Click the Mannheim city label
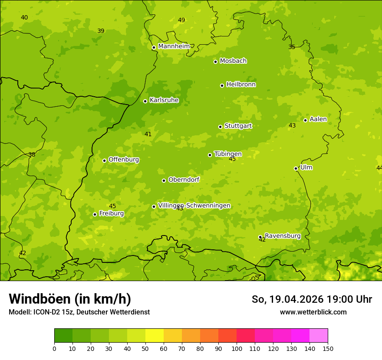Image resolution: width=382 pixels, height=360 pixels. pos(174,46)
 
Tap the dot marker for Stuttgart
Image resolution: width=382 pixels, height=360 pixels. pos(220,127)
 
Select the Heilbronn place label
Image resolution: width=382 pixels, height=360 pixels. pos(241,85)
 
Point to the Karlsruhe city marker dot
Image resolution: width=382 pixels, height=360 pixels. pos(145,101)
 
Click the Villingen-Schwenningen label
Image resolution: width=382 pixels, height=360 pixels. pos(194,206)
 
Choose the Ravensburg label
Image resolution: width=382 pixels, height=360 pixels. pos(283,236)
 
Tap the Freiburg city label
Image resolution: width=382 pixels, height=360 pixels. pos(112,213)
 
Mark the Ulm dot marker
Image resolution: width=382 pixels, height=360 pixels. pos(296,168)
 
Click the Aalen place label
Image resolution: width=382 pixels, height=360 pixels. pos(318,119)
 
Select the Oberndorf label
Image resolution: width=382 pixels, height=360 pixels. pos(184,180)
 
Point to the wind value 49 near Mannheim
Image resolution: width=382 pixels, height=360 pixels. pos(181,20)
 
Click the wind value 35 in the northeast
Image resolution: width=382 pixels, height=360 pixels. pos(292,47)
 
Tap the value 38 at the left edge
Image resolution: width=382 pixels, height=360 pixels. pos(32,154)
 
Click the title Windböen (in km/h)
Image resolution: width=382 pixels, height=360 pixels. pos(69,299)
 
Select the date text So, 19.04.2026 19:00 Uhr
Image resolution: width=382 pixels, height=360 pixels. pos(312,299)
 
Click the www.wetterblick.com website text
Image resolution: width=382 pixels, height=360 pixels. pos(313,312)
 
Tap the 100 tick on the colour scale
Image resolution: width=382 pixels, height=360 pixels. pos(237,348)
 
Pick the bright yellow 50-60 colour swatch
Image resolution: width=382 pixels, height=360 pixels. pos(155,335)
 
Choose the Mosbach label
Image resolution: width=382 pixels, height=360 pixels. pos(233,61)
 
